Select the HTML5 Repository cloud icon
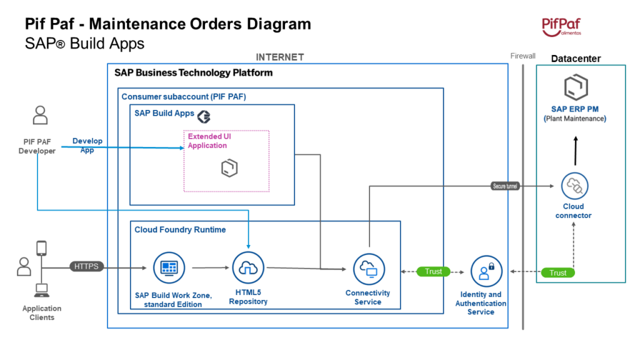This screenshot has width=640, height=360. (248, 268)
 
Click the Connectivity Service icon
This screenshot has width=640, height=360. (368, 269)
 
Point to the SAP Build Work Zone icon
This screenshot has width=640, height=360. (169, 267)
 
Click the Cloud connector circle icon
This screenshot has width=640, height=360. (574, 186)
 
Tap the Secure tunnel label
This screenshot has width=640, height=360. (506, 186)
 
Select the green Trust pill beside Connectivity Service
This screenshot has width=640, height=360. (433, 271)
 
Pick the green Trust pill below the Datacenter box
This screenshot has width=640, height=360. (557, 272)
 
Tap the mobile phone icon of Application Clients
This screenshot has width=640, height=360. (42, 248)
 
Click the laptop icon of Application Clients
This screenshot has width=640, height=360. (42, 290)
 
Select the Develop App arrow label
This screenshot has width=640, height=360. (87, 145)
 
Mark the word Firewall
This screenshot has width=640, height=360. (522, 56)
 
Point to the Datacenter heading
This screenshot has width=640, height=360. (576, 59)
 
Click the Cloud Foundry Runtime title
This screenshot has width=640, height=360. (180, 229)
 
